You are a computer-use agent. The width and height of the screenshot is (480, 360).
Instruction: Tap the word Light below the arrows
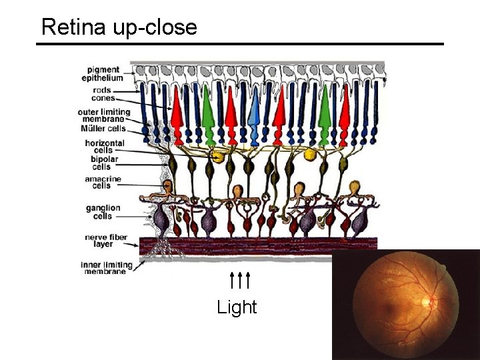click(x=237, y=307)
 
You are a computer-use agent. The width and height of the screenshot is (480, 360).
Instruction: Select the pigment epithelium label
click(x=103, y=73)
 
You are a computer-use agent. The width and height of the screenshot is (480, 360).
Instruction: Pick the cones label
click(x=103, y=98)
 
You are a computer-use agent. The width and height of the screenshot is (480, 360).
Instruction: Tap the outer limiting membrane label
click(x=103, y=115)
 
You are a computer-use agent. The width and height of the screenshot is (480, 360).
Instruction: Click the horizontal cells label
click(x=104, y=147)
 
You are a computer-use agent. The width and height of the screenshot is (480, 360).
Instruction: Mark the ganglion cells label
click(x=103, y=211)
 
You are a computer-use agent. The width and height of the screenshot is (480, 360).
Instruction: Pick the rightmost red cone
click(x=344, y=117)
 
